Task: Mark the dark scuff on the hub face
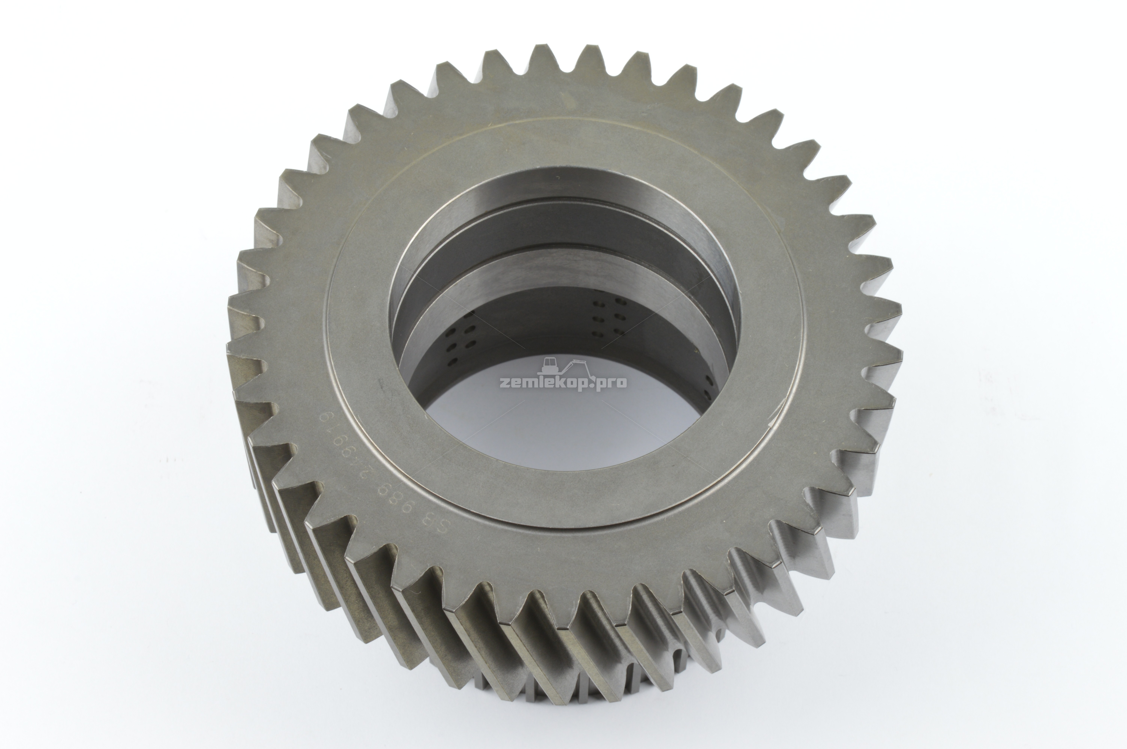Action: [382, 382]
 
